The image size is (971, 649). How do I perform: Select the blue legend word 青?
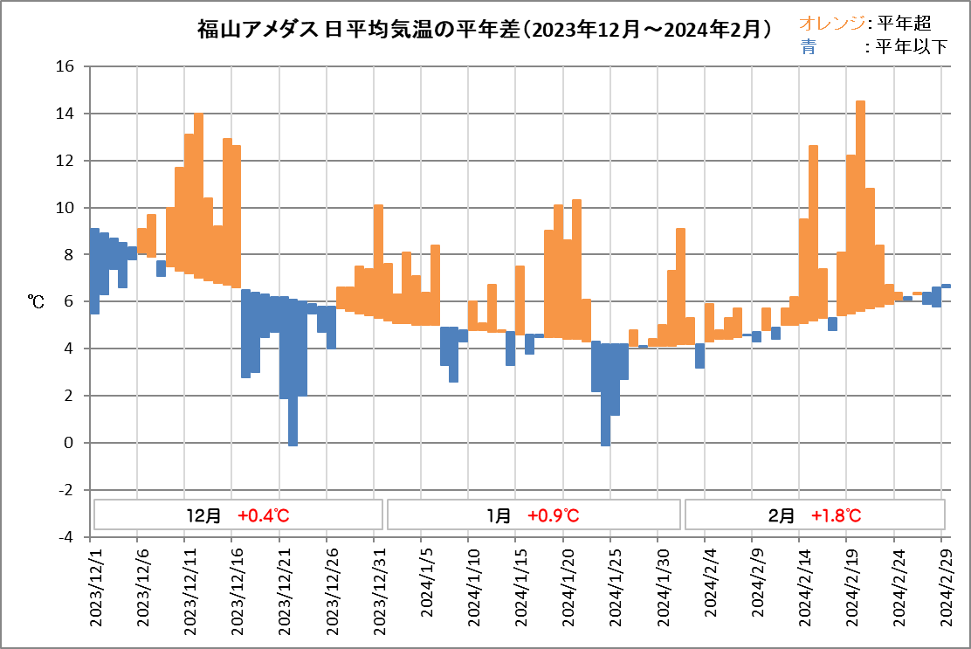[x=808, y=47]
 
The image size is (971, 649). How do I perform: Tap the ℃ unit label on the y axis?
[x=37, y=301]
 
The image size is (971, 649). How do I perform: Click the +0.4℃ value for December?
[x=263, y=515]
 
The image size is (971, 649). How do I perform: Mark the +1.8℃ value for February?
[x=836, y=515]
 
